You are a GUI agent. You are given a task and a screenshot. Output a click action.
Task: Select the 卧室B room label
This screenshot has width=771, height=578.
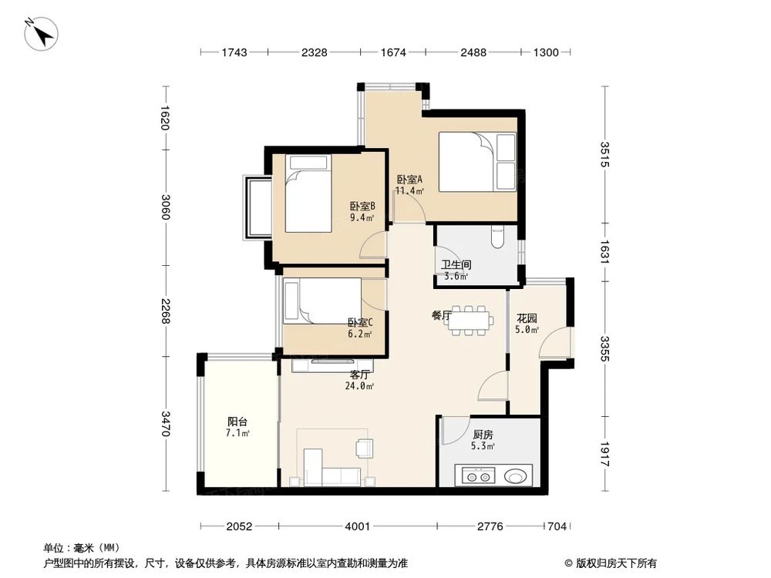(x=362, y=206)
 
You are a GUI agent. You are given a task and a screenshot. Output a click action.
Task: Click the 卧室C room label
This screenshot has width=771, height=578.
(x=359, y=323)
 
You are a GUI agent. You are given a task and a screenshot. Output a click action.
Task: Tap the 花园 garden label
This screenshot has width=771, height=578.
(x=527, y=318)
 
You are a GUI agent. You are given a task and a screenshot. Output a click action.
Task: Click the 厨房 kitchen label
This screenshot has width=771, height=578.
(x=483, y=434)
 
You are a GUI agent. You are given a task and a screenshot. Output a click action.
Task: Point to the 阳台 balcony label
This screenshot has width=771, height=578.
(x=237, y=422)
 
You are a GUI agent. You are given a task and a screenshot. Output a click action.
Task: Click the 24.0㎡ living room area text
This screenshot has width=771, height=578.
(x=359, y=386)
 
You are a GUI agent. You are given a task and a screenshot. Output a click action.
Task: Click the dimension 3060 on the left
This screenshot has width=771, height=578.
(x=165, y=207)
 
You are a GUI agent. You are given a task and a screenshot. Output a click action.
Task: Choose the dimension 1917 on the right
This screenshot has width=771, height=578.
(x=605, y=454)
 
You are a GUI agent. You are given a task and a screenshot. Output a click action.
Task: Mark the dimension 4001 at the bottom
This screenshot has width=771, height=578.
(x=358, y=526)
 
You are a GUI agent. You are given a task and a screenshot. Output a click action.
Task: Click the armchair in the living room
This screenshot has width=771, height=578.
(x=364, y=447)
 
